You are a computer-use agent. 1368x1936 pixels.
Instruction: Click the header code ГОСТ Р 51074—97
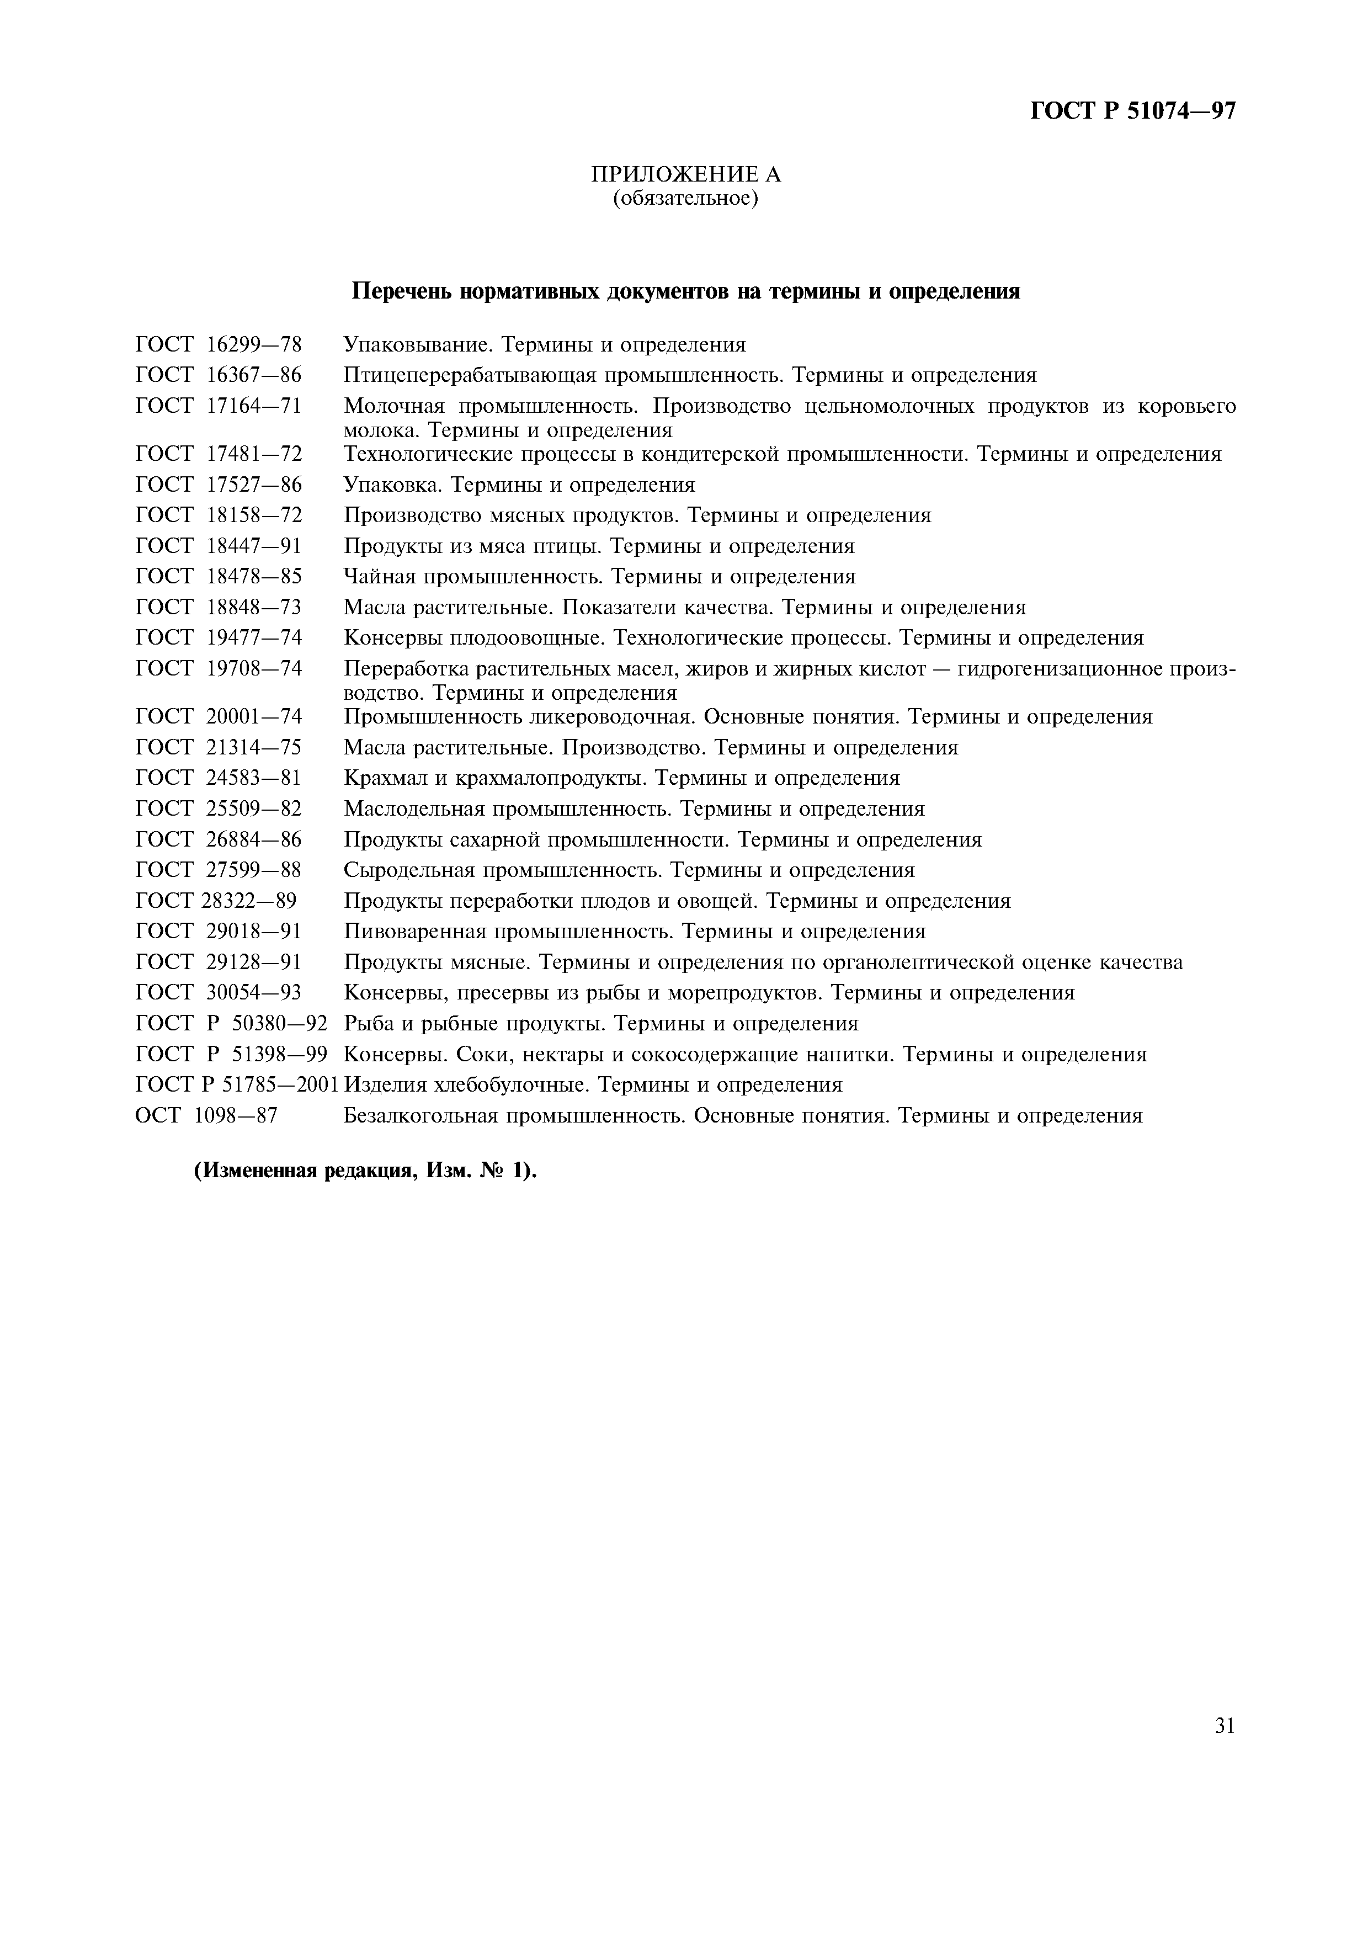point(1133,111)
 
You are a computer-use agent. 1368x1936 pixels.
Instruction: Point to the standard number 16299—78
point(254,345)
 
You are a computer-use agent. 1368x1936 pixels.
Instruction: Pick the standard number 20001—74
point(254,717)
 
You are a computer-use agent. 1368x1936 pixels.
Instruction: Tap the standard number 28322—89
point(249,901)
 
